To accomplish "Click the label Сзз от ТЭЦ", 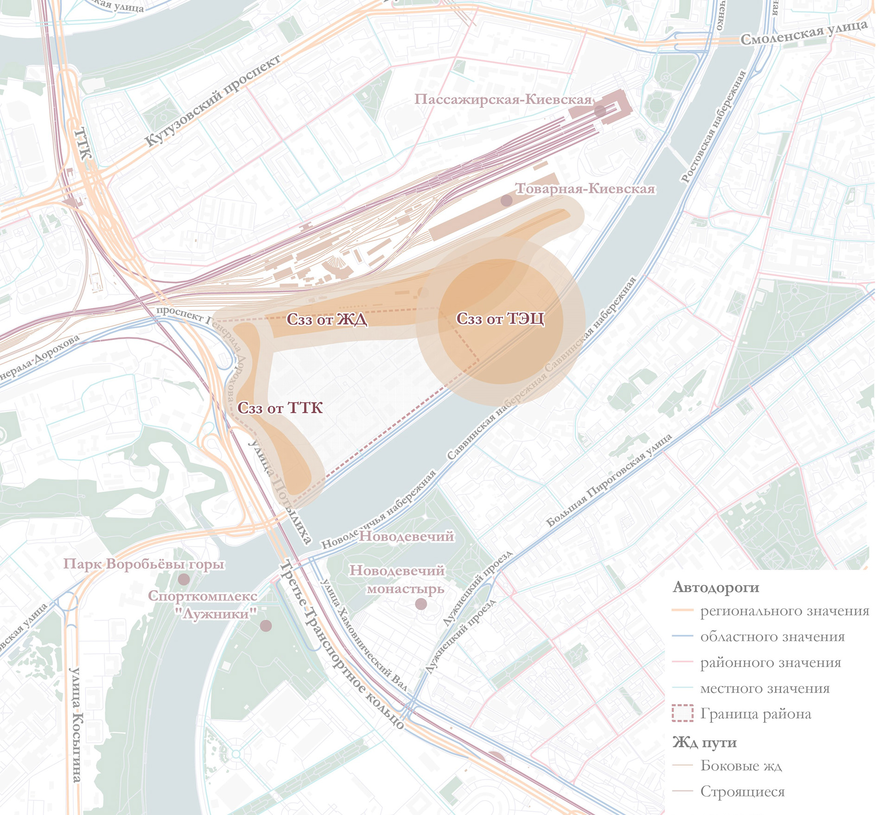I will coord(500,319).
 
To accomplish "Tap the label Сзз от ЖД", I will coord(327,320).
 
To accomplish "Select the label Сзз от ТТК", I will coord(280,408).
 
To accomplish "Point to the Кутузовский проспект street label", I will coord(213,101).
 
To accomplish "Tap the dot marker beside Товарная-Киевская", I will coord(507,200).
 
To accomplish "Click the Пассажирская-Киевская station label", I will coord(503,99).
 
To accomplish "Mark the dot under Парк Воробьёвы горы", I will coord(184,579).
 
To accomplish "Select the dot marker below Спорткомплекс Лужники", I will coord(266,626).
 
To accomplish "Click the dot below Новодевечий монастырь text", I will coord(421,604).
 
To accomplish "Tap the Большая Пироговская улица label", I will coord(609,481).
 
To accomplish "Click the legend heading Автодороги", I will coord(716,587).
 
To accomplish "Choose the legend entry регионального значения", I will coord(784,611).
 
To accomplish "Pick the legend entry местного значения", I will coord(765,688).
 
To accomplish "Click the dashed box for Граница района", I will coord(682,713).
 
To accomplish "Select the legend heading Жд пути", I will coord(705,743).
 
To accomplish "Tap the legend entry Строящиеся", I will coord(742,791).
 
